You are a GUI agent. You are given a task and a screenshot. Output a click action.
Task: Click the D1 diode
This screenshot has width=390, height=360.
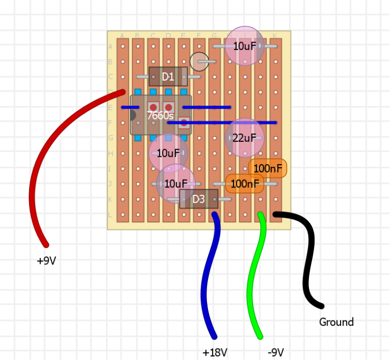pos(167,76)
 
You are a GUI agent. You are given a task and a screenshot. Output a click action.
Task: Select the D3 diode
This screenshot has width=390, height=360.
pos(199,199)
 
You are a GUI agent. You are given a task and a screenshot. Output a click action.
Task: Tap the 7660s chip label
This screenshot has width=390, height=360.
pos(160,116)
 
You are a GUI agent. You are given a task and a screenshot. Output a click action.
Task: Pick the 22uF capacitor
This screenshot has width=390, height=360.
pos(244,138)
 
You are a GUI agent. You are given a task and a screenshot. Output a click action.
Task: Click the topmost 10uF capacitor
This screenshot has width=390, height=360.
pos(244,46)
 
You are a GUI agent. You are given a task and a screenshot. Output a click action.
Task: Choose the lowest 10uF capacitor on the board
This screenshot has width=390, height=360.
pos(176,183)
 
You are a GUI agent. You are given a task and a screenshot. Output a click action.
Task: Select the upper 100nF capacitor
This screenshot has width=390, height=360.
pos(268,168)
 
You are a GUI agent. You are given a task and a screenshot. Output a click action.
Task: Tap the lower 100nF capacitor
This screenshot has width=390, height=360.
pos(245,183)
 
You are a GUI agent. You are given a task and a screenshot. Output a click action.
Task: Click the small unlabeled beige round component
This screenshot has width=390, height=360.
pos(199,61)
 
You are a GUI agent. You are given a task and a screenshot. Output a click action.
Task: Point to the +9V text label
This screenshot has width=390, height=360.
pos(46,261)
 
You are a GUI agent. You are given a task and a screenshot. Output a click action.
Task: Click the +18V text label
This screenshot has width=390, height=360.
pos(215,353)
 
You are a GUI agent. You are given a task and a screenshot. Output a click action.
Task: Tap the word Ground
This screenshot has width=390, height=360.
pos(336,322)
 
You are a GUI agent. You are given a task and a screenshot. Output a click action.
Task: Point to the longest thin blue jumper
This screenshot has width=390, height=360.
pos(229,123)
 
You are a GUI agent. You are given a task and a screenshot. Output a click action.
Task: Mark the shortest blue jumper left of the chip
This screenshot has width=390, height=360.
pos(127,108)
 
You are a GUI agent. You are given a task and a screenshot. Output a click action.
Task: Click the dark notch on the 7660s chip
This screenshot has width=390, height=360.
pos(133,115)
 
